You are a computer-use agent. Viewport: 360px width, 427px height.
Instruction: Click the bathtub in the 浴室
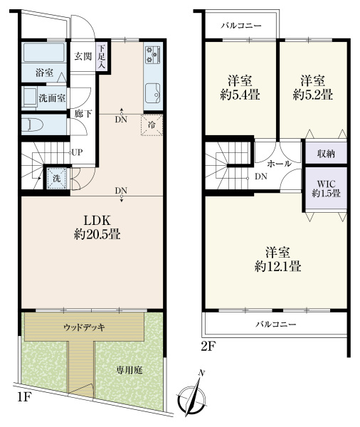tap(44, 53)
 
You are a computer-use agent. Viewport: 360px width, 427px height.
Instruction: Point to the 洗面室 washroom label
tap(51, 97)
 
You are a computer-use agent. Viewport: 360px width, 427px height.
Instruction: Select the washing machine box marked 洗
tap(55, 178)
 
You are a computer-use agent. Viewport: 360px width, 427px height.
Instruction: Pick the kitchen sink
tap(153, 91)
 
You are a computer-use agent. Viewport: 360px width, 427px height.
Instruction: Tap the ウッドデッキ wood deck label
tap(85, 328)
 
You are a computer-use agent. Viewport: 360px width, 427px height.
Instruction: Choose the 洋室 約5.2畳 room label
tap(314, 86)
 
